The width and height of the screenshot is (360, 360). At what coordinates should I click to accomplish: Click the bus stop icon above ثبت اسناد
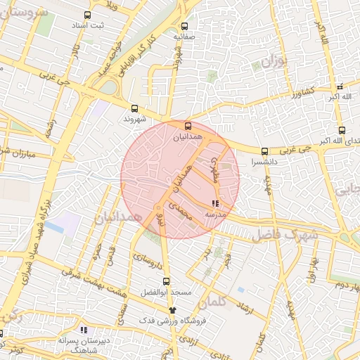click(x=87, y=15)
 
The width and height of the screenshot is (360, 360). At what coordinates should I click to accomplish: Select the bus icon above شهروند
click(x=134, y=108)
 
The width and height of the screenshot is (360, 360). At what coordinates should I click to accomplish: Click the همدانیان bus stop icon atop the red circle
click(x=187, y=127)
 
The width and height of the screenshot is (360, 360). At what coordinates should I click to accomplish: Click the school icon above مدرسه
click(x=214, y=203)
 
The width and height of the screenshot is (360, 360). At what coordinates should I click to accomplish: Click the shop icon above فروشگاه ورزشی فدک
click(x=172, y=309)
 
